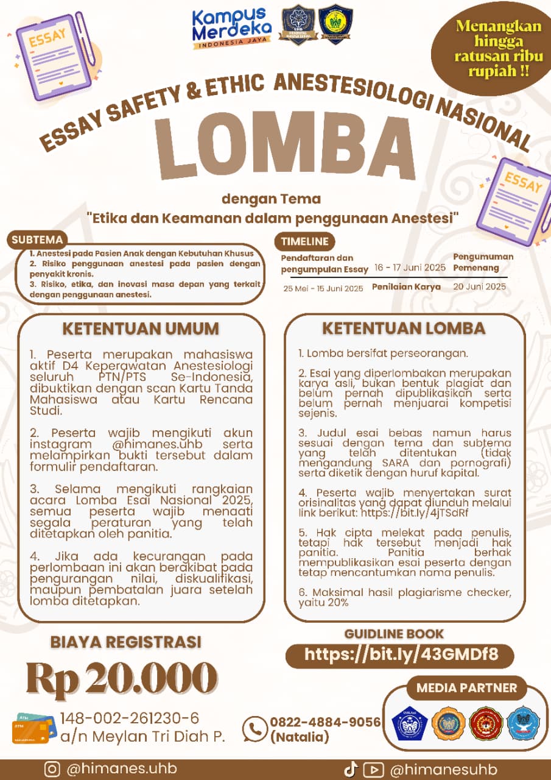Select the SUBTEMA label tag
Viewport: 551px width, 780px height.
coord(37,240)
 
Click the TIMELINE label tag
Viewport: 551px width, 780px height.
coord(304,241)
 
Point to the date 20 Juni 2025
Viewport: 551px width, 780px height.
coord(479,286)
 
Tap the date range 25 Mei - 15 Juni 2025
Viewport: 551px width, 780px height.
coord(323,288)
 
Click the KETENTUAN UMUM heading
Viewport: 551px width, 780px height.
coord(141,329)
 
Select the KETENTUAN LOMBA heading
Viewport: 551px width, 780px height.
coord(404,328)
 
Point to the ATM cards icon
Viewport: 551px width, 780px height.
coord(33,728)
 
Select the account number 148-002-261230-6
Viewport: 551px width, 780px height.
coord(130,718)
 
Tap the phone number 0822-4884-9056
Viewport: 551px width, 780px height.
coord(325,722)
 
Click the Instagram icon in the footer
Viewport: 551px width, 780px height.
coord(52,770)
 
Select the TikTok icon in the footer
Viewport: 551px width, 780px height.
coord(350,770)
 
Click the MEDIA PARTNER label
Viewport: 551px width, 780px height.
coord(467,689)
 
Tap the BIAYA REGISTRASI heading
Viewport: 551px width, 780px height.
coord(126,642)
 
